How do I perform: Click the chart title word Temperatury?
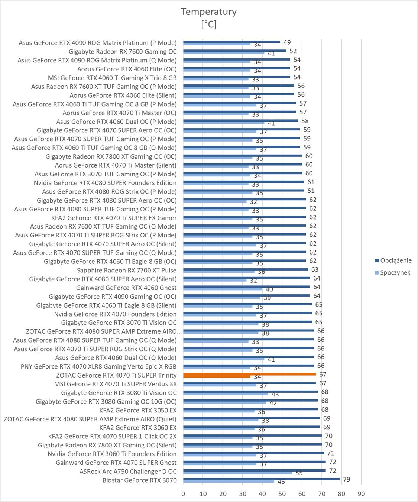(208, 12)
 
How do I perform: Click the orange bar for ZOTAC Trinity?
(249, 374)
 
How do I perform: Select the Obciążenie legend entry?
(396, 260)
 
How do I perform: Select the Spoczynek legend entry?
(395, 272)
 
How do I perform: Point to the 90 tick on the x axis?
(361, 494)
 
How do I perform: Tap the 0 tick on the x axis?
(183, 494)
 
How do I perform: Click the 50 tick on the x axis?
(282, 494)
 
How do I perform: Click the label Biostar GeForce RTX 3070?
(139, 480)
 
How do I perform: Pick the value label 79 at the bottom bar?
(346, 479)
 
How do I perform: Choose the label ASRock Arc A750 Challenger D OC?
(128, 472)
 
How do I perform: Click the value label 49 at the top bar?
(287, 42)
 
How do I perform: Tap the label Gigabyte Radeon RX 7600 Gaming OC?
(123, 52)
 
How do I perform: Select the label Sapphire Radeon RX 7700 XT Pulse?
(126, 270)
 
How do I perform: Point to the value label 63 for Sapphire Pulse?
(315, 269)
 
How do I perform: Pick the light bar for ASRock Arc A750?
(237, 473)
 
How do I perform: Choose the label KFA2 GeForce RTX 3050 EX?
(138, 410)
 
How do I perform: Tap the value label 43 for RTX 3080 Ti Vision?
(275, 394)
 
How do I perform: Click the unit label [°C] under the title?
(208, 25)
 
